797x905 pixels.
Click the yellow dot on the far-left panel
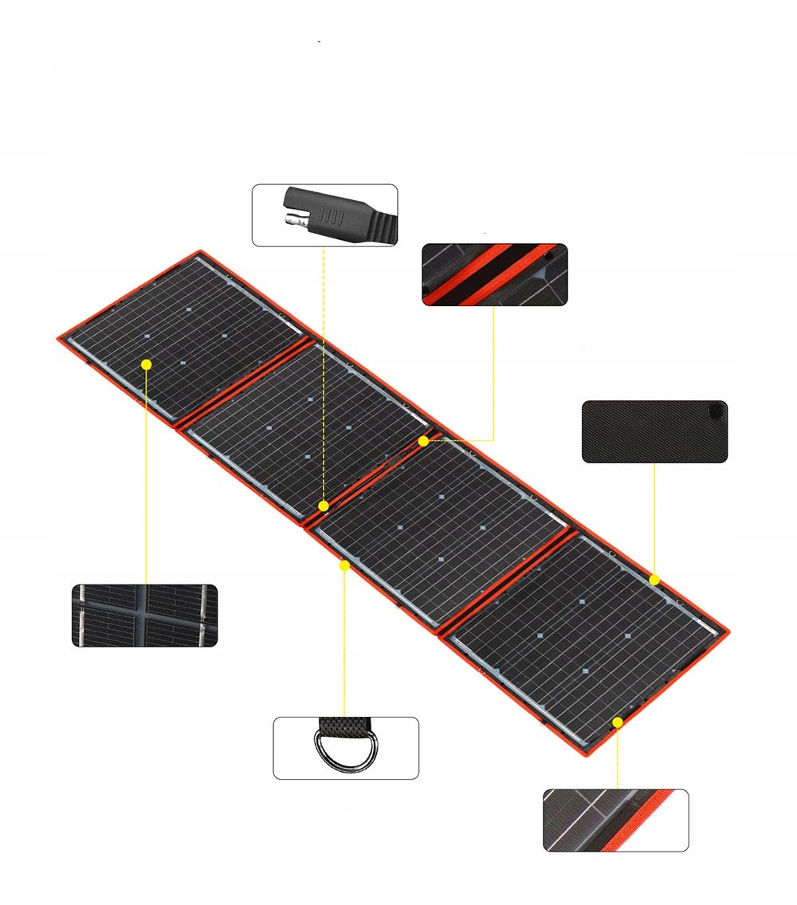pos(146,364)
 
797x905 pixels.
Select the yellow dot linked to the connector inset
pos(324,506)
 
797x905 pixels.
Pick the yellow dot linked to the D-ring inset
pos(344,565)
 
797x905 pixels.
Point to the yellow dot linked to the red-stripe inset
pos(423,439)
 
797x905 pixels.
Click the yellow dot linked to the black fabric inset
pos(654,580)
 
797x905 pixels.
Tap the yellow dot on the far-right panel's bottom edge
pos(618,722)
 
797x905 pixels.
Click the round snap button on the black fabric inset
pos(717,411)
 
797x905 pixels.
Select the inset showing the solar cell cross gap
pos(144,615)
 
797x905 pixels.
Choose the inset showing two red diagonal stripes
pos(494,274)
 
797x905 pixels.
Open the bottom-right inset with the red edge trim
pos(615,820)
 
